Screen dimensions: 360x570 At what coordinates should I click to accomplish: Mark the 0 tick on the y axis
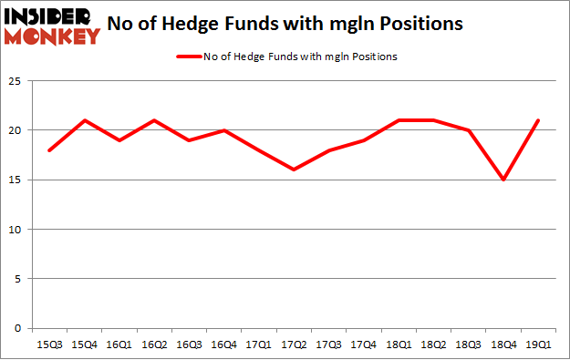coord(18,328)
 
